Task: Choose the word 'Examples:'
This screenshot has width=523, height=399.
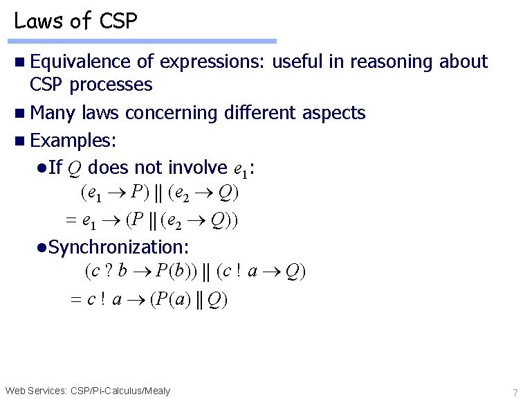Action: coord(74,141)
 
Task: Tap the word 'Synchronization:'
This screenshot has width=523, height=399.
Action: coord(119,247)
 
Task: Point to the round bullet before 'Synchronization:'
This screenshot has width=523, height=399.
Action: coord(42,247)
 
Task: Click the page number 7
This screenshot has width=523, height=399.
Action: coord(515,391)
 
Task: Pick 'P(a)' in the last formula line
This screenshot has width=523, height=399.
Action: coord(166,299)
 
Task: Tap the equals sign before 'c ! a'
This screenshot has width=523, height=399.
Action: coord(76,300)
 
